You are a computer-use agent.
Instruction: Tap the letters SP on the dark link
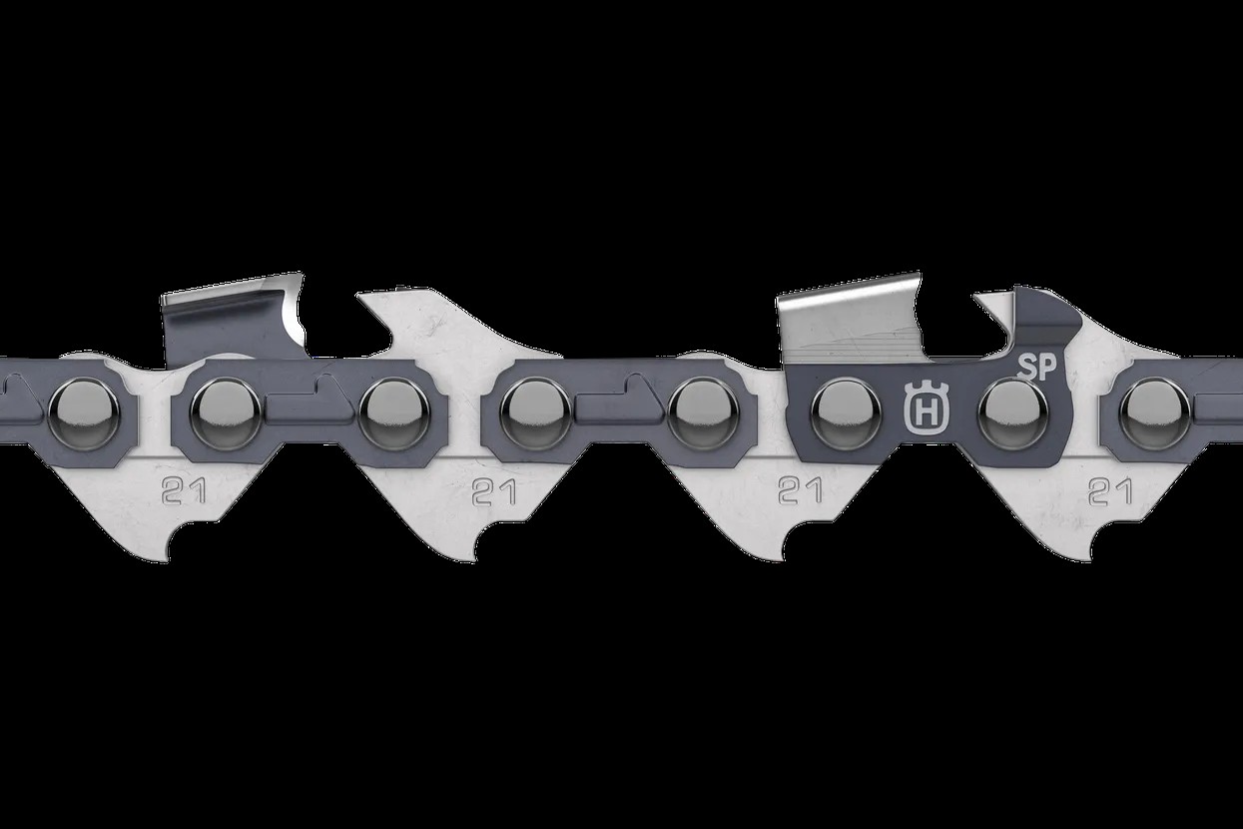point(1037,369)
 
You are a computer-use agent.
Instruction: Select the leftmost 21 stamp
point(184,490)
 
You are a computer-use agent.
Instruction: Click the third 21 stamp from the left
point(800,490)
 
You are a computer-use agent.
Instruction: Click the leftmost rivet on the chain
point(84,414)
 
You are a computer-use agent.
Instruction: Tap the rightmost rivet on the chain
point(1155,414)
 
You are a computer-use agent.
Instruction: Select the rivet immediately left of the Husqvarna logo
point(846,414)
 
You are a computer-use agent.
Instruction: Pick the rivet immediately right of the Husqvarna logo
point(1013,414)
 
